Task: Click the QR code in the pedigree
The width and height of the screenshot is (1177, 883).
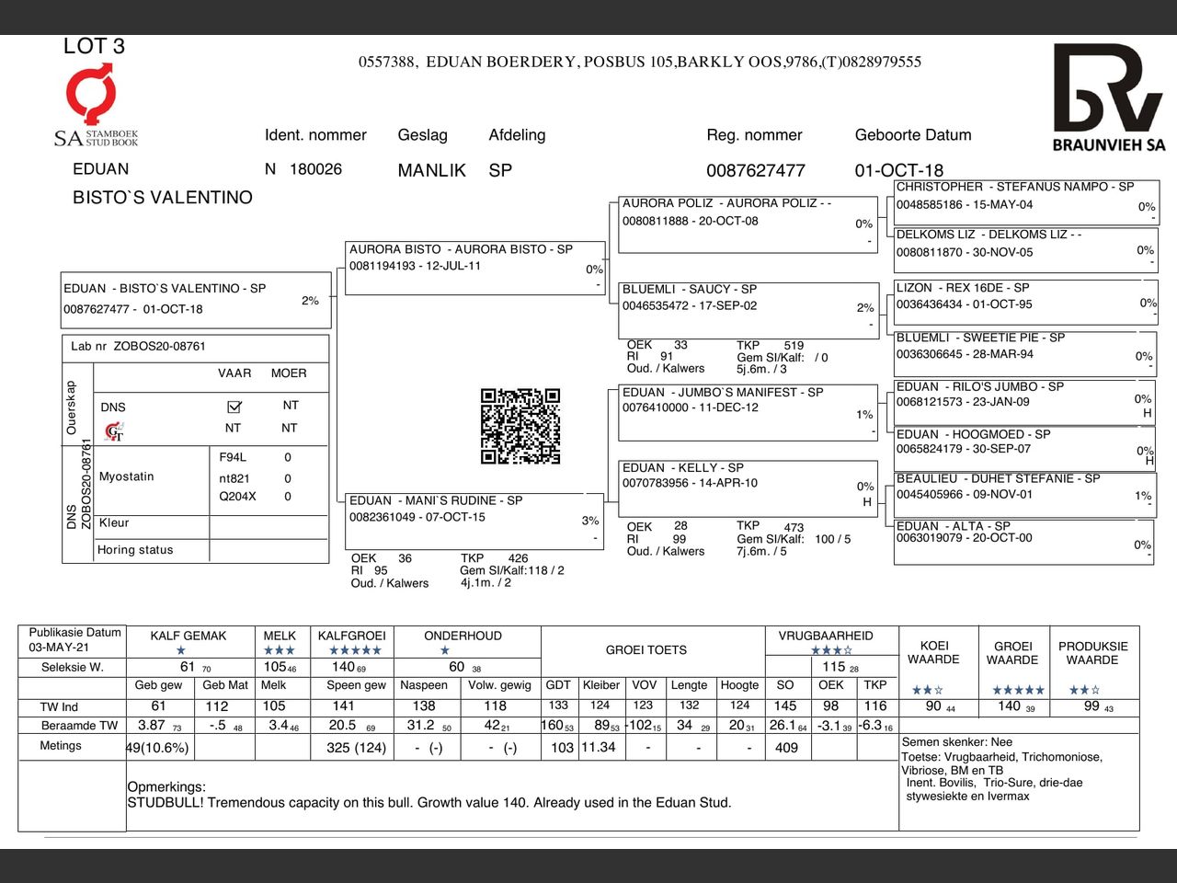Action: (520, 426)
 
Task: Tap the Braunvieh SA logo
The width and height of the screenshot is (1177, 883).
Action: (1108, 97)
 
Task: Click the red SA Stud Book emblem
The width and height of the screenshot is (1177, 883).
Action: (92, 96)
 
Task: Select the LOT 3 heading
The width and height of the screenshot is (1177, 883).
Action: (94, 46)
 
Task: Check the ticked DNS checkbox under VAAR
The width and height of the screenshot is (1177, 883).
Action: (234, 407)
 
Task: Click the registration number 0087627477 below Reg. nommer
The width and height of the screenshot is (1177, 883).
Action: (755, 170)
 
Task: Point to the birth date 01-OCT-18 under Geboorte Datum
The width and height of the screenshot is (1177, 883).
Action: (898, 170)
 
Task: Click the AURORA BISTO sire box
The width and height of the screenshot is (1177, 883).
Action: (474, 267)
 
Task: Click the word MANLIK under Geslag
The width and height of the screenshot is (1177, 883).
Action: (431, 170)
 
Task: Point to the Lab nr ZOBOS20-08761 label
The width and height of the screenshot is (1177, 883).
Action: (138, 347)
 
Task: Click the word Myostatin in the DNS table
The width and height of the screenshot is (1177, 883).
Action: (126, 476)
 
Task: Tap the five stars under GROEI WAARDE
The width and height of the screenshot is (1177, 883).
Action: (1018, 690)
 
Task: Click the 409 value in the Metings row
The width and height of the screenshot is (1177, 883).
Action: (786, 748)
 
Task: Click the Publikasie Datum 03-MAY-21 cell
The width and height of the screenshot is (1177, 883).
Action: (73, 639)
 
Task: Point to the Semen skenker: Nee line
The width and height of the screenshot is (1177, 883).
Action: (956, 741)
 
